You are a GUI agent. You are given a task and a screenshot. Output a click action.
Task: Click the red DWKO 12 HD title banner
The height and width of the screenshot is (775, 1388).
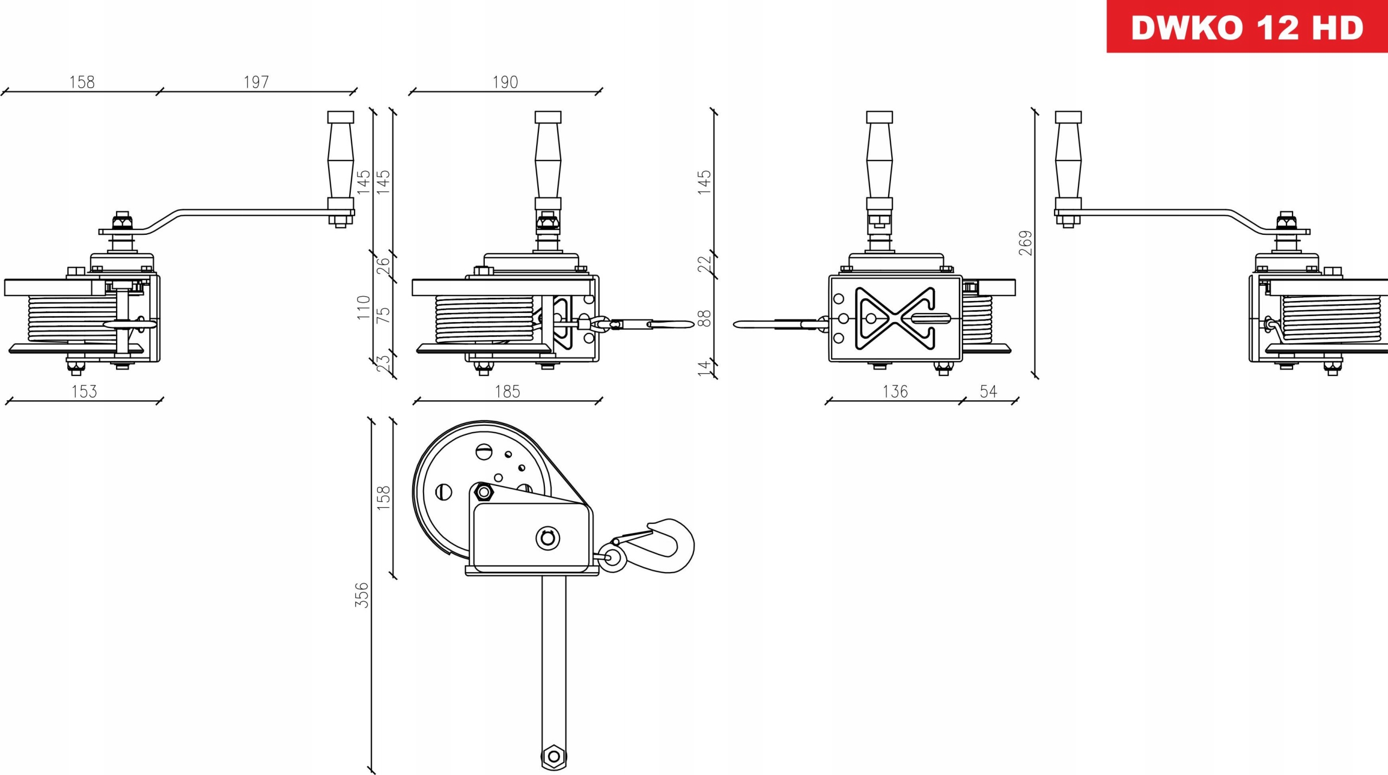[1246, 27]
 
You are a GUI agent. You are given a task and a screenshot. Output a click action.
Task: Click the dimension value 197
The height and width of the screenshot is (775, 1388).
[256, 82]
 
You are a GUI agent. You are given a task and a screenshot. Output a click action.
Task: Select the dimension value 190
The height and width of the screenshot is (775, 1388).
[505, 82]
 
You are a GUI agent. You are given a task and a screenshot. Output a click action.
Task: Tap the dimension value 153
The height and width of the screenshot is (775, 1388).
[84, 391]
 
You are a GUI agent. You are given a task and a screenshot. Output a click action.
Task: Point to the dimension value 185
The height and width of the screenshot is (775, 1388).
[507, 391]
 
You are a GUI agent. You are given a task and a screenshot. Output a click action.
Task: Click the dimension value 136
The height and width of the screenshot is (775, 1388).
[895, 391]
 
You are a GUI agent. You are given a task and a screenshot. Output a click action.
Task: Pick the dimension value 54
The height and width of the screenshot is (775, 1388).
[988, 391]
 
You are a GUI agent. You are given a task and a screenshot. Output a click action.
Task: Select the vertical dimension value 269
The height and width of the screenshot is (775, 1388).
[1025, 243]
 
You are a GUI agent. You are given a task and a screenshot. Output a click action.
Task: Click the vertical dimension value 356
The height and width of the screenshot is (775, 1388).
[362, 594]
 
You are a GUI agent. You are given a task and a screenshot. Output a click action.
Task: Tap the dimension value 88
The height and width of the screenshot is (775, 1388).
[704, 318]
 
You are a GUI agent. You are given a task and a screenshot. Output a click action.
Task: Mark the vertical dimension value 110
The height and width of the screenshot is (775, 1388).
[363, 308]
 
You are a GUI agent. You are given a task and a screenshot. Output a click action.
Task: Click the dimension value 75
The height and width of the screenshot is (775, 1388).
[383, 315]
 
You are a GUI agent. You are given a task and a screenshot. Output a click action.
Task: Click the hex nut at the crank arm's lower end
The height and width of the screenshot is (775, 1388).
[554, 756]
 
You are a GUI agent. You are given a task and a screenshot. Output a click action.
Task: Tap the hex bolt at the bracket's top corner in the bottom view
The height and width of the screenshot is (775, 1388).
[483, 492]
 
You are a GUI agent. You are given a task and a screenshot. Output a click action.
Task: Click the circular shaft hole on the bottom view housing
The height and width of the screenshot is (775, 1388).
[548, 538]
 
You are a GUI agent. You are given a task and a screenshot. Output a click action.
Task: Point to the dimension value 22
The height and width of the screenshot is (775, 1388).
[704, 265]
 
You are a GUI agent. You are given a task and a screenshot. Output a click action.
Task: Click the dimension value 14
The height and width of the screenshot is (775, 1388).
[704, 368]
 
